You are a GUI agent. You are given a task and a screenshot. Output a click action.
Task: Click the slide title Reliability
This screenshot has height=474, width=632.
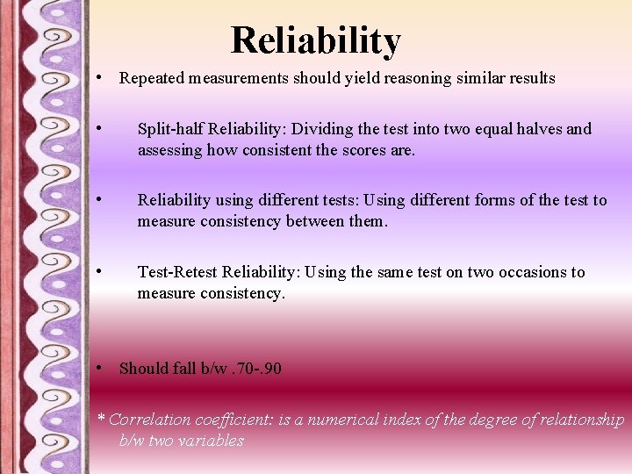(x=315, y=40)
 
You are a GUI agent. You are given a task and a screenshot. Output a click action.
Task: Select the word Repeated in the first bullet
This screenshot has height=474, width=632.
(x=150, y=78)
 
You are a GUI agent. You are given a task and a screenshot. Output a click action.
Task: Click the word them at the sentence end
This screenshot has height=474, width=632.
(x=366, y=221)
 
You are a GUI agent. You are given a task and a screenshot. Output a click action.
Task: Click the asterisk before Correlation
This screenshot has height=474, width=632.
(x=101, y=419)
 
